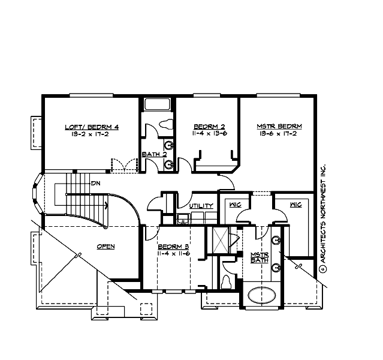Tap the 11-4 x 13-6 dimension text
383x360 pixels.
[209, 134]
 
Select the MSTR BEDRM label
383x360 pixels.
[279, 127]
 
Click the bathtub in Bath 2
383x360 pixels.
[158, 104]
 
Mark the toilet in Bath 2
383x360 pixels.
[166, 125]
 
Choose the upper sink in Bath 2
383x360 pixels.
[170, 145]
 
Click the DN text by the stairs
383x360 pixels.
[95, 182]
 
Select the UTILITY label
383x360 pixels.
[201, 206]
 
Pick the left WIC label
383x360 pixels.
[234, 205]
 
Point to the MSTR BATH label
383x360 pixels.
[259, 257]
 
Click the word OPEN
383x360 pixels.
[105, 246]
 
